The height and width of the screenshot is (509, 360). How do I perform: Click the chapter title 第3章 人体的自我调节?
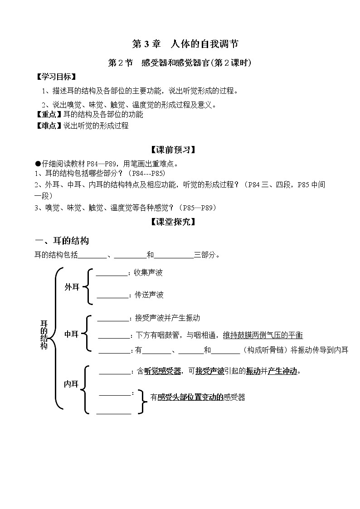click(x=185, y=44)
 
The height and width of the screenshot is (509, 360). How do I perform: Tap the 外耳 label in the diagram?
click(x=72, y=287)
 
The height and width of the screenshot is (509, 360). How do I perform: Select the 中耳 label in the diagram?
click(x=72, y=334)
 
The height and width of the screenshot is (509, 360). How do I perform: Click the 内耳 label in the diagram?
click(x=72, y=384)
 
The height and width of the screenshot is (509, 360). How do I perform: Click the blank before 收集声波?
click(x=112, y=273)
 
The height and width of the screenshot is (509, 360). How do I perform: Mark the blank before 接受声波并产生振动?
click(x=113, y=318)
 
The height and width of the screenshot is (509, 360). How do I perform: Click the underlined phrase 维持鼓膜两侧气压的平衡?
click(x=263, y=335)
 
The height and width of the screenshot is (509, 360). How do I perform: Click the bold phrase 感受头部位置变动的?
click(x=190, y=398)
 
